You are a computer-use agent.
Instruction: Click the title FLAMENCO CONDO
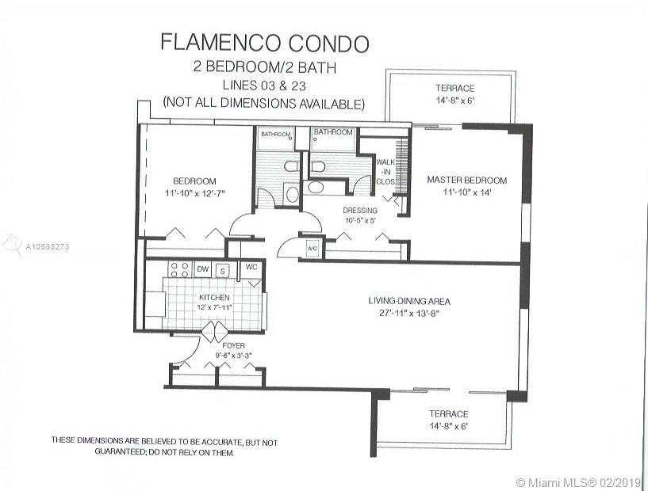264,42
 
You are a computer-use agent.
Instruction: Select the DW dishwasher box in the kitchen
202,269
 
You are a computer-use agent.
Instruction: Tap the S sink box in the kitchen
223,270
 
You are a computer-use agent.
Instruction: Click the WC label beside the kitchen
251,267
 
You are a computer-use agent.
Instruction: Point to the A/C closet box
312,248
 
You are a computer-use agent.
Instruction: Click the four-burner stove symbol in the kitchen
178,269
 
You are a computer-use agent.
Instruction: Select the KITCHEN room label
213,298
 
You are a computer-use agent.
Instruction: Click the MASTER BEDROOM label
466,181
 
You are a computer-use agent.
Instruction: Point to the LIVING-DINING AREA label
409,300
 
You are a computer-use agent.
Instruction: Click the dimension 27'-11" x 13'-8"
409,312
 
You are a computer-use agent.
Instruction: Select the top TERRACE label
454,88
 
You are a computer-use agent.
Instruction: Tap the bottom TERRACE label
449,413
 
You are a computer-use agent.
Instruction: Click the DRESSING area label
359,211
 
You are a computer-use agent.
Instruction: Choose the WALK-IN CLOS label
385,171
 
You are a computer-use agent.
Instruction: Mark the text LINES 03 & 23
263,86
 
